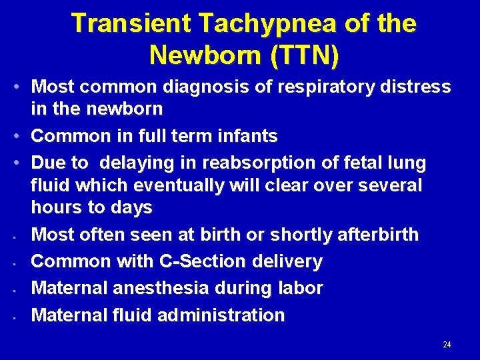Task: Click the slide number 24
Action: (447, 345)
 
